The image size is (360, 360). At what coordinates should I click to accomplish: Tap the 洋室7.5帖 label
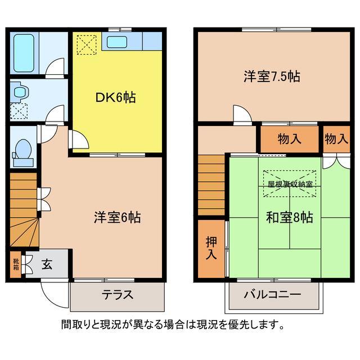pos(271,76)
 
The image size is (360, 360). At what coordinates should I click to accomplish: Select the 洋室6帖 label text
pos(117,217)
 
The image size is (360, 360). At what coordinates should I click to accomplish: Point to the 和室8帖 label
pos(290,217)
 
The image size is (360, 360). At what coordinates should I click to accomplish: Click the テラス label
pos(118,295)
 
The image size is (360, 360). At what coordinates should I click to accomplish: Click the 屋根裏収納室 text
pos(290,184)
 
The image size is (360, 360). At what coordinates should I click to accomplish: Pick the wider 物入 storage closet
pos(289,138)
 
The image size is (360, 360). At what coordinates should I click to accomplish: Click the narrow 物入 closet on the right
pos(336,138)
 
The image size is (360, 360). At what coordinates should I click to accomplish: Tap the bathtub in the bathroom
pos(24,51)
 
